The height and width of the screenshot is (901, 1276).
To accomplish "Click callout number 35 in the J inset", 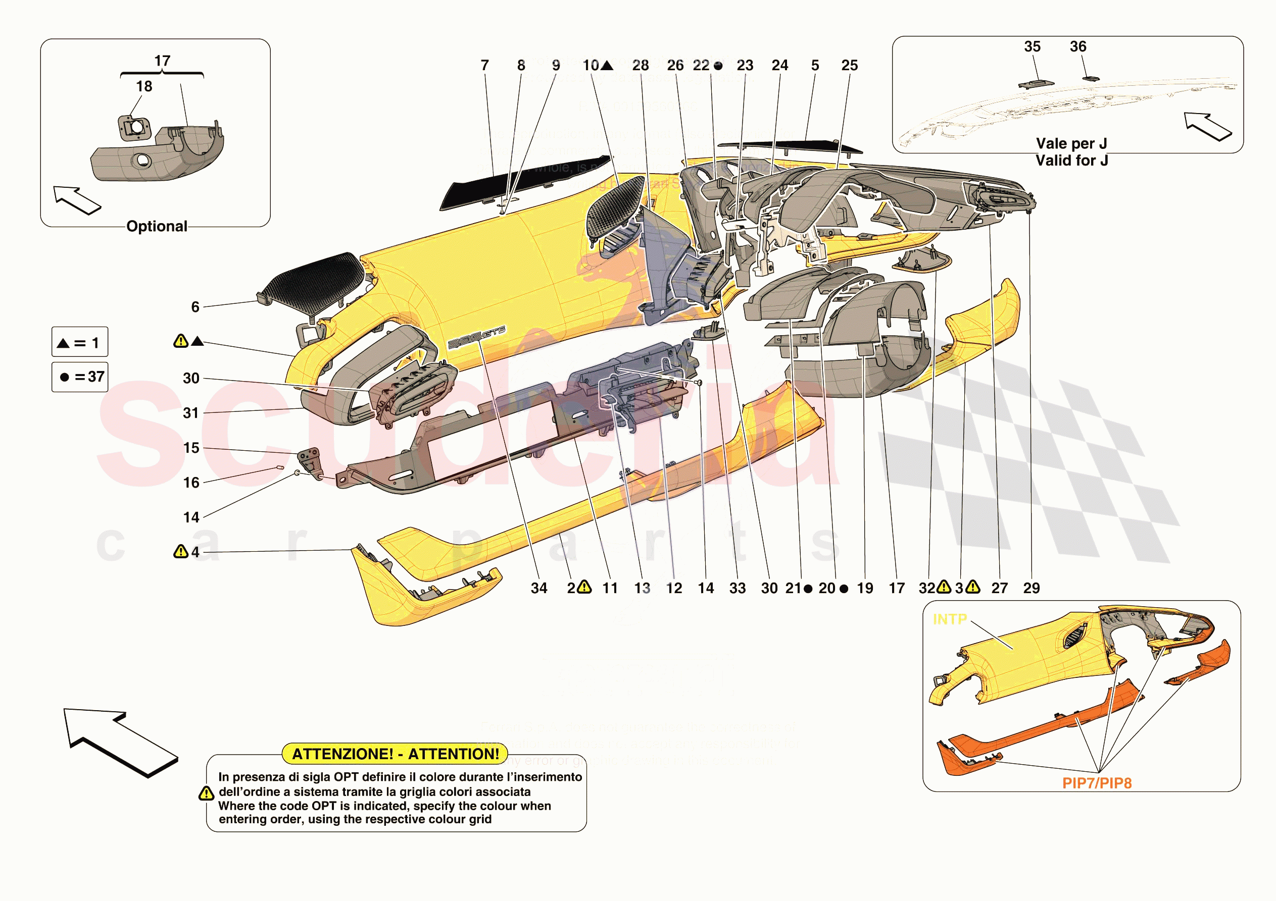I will click(x=1032, y=46).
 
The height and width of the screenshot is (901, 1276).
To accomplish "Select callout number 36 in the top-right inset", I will click(x=1077, y=46).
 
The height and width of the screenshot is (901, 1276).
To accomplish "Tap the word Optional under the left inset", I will click(x=157, y=226).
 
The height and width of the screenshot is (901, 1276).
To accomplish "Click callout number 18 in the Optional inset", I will click(x=144, y=86).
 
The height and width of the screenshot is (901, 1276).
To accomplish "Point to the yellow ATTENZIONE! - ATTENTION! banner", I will click(x=395, y=754).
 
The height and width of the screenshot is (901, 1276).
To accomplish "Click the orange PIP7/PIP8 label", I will click(x=1097, y=783).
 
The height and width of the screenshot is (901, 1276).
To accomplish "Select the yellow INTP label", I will click(x=949, y=619).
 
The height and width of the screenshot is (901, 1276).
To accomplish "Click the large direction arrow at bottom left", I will click(x=120, y=741).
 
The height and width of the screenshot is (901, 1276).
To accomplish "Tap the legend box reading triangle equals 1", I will click(x=79, y=342).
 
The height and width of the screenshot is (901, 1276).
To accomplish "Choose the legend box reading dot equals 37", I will click(x=79, y=377).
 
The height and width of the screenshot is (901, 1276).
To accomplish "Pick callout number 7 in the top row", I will click(x=484, y=66).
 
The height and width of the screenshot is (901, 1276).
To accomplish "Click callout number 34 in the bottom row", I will click(x=538, y=588).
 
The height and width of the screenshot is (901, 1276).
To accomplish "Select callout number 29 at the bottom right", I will click(x=1031, y=588).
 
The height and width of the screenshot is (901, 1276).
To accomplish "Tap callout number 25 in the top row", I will click(x=849, y=66).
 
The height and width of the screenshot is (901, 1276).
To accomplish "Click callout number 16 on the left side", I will click(x=191, y=483).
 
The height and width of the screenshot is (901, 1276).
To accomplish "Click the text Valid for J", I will click(x=1071, y=161).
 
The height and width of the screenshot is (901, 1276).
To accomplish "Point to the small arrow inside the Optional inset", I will click(x=77, y=199).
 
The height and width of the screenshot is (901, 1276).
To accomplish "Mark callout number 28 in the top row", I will click(x=640, y=66).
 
